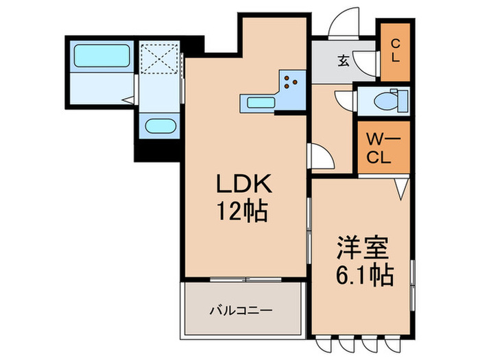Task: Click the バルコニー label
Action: pos(241,310)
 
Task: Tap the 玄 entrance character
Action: pos(343,60)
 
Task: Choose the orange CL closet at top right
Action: pos(395,51)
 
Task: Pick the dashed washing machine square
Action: pos(159,59)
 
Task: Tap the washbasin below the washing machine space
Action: pos(159,127)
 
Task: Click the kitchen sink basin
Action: pos(258,104)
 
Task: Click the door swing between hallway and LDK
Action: pos(320,156)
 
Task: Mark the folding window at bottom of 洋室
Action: pos(361,340)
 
